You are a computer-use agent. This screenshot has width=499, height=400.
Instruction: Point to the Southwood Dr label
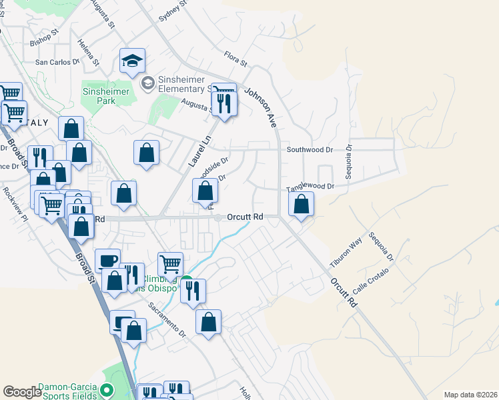(309, 149)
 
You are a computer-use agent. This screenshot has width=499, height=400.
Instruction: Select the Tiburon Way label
(345, 253)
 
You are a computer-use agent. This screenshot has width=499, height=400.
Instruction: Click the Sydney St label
(171, 13)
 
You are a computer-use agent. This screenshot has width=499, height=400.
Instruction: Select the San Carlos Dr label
(57, 62)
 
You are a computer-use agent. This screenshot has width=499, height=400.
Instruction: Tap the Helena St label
(88, 53)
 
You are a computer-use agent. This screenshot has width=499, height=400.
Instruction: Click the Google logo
(22, 392)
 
